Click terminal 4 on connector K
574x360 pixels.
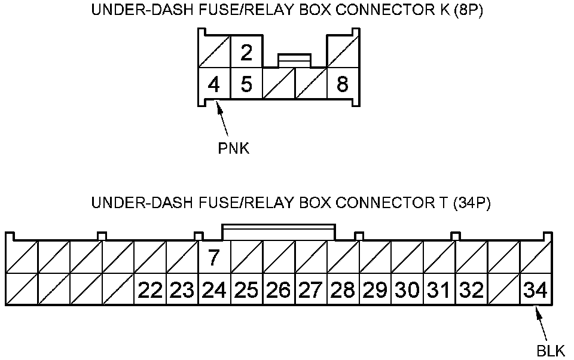(214, 84)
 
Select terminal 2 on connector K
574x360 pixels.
(246, 51)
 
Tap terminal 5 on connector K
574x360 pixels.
(246, 84)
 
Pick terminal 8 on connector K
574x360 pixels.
(343, 84)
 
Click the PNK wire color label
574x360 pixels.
(234, 148)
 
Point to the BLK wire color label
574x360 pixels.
(551, 351)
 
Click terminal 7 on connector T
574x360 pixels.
(214, 257)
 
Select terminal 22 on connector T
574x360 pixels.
(150, 289)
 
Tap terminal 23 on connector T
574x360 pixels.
(182, 289)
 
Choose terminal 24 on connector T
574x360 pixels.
(214, 289)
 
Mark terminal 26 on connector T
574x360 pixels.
(279, 289)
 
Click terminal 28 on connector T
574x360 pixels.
(343, 289)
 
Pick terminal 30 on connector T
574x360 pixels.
(407, 289)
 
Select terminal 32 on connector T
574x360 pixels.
(472, 289)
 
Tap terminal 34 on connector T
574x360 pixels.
(536, 289)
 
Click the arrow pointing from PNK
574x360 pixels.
(222, 120)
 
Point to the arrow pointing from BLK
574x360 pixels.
(542, 325)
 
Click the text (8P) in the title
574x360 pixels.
(468, 10)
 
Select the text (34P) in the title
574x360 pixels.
(472, 202)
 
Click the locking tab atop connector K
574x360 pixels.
(294, 61)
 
